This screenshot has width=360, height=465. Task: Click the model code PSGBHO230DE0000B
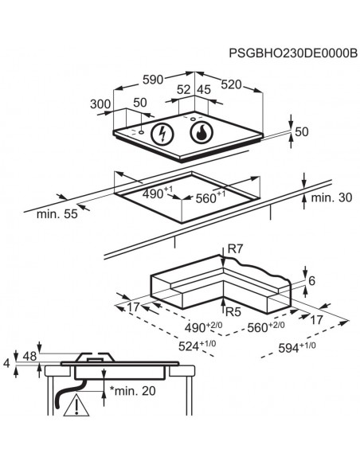(x=293, y=53)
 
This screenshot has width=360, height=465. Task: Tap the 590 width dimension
(x=153, y=80)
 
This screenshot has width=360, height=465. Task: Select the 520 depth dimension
(x=231, y=85)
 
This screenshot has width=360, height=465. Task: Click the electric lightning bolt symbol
(x=162, y=134)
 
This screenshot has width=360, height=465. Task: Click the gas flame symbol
(x=202, y=132)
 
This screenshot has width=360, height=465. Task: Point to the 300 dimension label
(x=100, y=104)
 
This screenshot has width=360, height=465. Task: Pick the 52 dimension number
(x=183, y=89)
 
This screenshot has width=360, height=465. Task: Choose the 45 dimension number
(x=204, y=89)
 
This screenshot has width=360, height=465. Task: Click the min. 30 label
(x=331, y=197)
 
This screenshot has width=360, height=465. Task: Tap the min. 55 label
(x=57, y=214)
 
